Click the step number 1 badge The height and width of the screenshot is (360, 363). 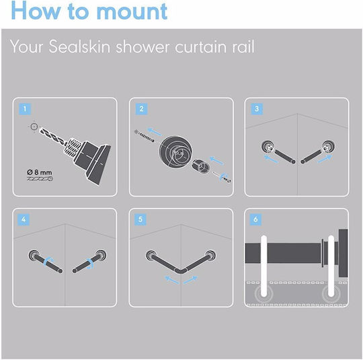tap(25, 109)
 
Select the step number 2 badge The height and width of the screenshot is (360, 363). tap(141, 109)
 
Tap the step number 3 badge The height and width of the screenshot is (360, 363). tap(257, 109)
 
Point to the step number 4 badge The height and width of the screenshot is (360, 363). tap(24, 219)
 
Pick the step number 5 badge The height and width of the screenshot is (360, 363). tap(140, 219)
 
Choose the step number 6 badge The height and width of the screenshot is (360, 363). tap(255, 219)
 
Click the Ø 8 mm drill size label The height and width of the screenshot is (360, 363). tap(40, 172)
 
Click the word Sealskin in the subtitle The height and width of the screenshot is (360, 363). tap(79, 46)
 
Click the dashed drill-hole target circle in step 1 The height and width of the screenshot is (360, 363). tap(34, 127)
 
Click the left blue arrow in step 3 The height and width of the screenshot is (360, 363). tap(271, 159)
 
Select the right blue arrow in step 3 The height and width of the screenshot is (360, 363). tap(325, 158)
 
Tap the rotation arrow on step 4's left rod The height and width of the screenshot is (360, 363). tap(48, 261)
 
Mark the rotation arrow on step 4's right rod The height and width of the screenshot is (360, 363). tap(90, 263)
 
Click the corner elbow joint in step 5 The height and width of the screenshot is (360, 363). tap(181, 271)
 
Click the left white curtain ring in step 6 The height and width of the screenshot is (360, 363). tap(264, 266)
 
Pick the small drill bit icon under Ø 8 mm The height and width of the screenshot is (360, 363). tap(40, 179)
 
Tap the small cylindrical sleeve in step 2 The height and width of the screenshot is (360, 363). tap(200, 166)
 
